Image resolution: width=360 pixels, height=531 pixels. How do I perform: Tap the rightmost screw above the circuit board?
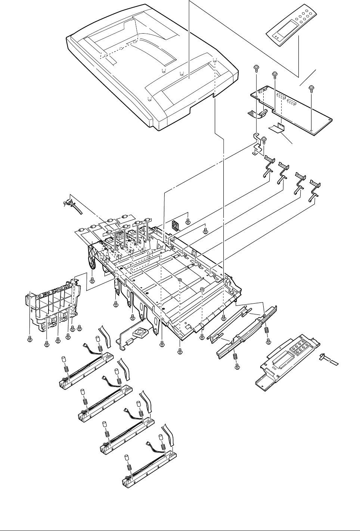(311, 88)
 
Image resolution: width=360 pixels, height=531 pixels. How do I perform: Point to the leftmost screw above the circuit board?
(257, 68)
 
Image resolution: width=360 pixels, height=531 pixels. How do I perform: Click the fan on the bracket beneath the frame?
(142, 332)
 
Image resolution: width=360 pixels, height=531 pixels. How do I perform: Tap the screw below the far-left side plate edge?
(30, 339)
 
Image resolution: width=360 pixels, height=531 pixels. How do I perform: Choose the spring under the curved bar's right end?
(267, 330)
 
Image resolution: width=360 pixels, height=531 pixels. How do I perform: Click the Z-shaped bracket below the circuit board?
(257, 143)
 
